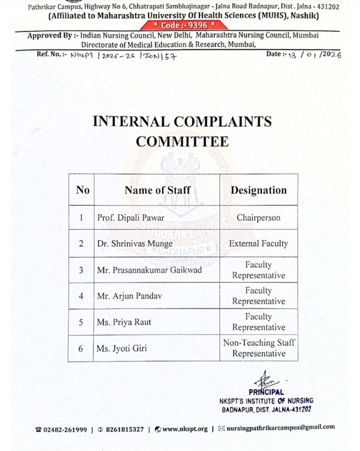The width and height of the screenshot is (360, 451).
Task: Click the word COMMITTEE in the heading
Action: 182,142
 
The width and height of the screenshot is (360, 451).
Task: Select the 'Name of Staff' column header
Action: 158,190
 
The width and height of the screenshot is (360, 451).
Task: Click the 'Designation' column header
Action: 258,190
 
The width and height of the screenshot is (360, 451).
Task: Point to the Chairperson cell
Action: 258,218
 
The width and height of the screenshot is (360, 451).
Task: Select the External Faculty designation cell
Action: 258,244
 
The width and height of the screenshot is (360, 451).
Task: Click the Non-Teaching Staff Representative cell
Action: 258,348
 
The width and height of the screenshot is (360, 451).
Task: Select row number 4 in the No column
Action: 81,296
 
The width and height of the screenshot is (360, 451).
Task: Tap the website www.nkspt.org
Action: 185,429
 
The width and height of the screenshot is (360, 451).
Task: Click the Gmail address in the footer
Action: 281,428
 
